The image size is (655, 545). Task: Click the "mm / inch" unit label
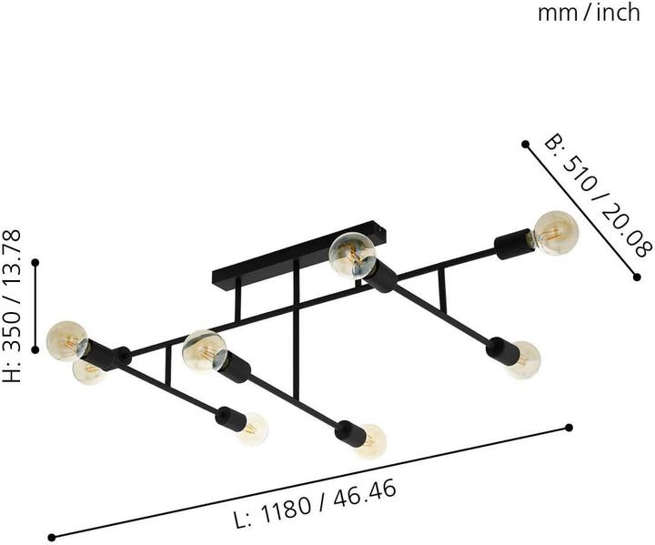589,13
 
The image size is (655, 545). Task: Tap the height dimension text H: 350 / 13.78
12,307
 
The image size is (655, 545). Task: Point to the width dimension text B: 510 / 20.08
599,197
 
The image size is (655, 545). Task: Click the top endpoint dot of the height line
35,262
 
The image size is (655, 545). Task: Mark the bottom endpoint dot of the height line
35,349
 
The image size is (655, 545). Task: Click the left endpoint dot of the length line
52,537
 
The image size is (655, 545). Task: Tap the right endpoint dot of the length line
569,427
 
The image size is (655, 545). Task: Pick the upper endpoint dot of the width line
526,144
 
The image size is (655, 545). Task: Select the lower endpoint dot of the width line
637,277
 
